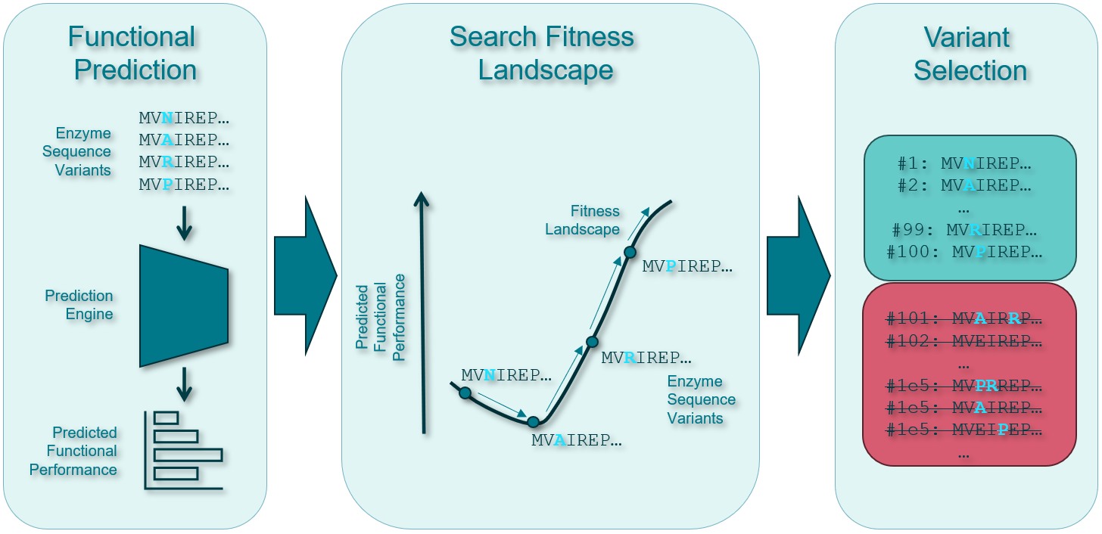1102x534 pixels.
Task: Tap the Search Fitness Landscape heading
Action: (542, 53)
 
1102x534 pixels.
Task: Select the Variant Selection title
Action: (970, 53)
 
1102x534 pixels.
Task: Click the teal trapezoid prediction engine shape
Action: (184, 305)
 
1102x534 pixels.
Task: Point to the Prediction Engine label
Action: (79, 305)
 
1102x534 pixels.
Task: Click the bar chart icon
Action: (184, 450)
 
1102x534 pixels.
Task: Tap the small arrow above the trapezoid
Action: (184, 222)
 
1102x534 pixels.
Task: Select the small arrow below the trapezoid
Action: (184, 384)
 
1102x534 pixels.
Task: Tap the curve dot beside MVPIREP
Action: (629, 252)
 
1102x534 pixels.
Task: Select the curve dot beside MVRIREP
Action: (592, 342)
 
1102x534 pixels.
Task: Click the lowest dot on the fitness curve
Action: (533, 422)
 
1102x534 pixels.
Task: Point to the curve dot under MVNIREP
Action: (465, 393)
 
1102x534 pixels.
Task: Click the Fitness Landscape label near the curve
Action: (582, 220)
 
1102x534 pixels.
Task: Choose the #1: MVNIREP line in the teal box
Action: (964, 163)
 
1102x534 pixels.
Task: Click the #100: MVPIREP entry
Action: (965, 252)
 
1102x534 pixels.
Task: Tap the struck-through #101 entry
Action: (964, 319)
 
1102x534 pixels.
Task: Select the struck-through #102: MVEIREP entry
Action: (964, 342)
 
